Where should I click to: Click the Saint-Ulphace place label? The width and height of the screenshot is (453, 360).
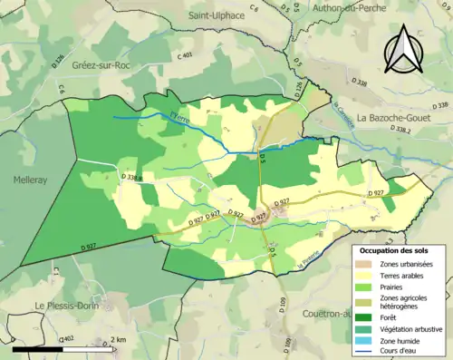pos(218,15)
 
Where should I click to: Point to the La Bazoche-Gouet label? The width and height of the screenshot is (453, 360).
pos(399,118)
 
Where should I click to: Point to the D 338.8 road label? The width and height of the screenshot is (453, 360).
pos(131,177)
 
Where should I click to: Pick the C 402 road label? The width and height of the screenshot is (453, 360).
pos(65,339)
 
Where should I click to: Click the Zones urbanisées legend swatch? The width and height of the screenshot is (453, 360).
pos(367,264)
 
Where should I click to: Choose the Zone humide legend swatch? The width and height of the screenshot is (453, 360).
pos(367,341)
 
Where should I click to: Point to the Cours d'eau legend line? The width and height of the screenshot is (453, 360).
pos(367,353)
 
